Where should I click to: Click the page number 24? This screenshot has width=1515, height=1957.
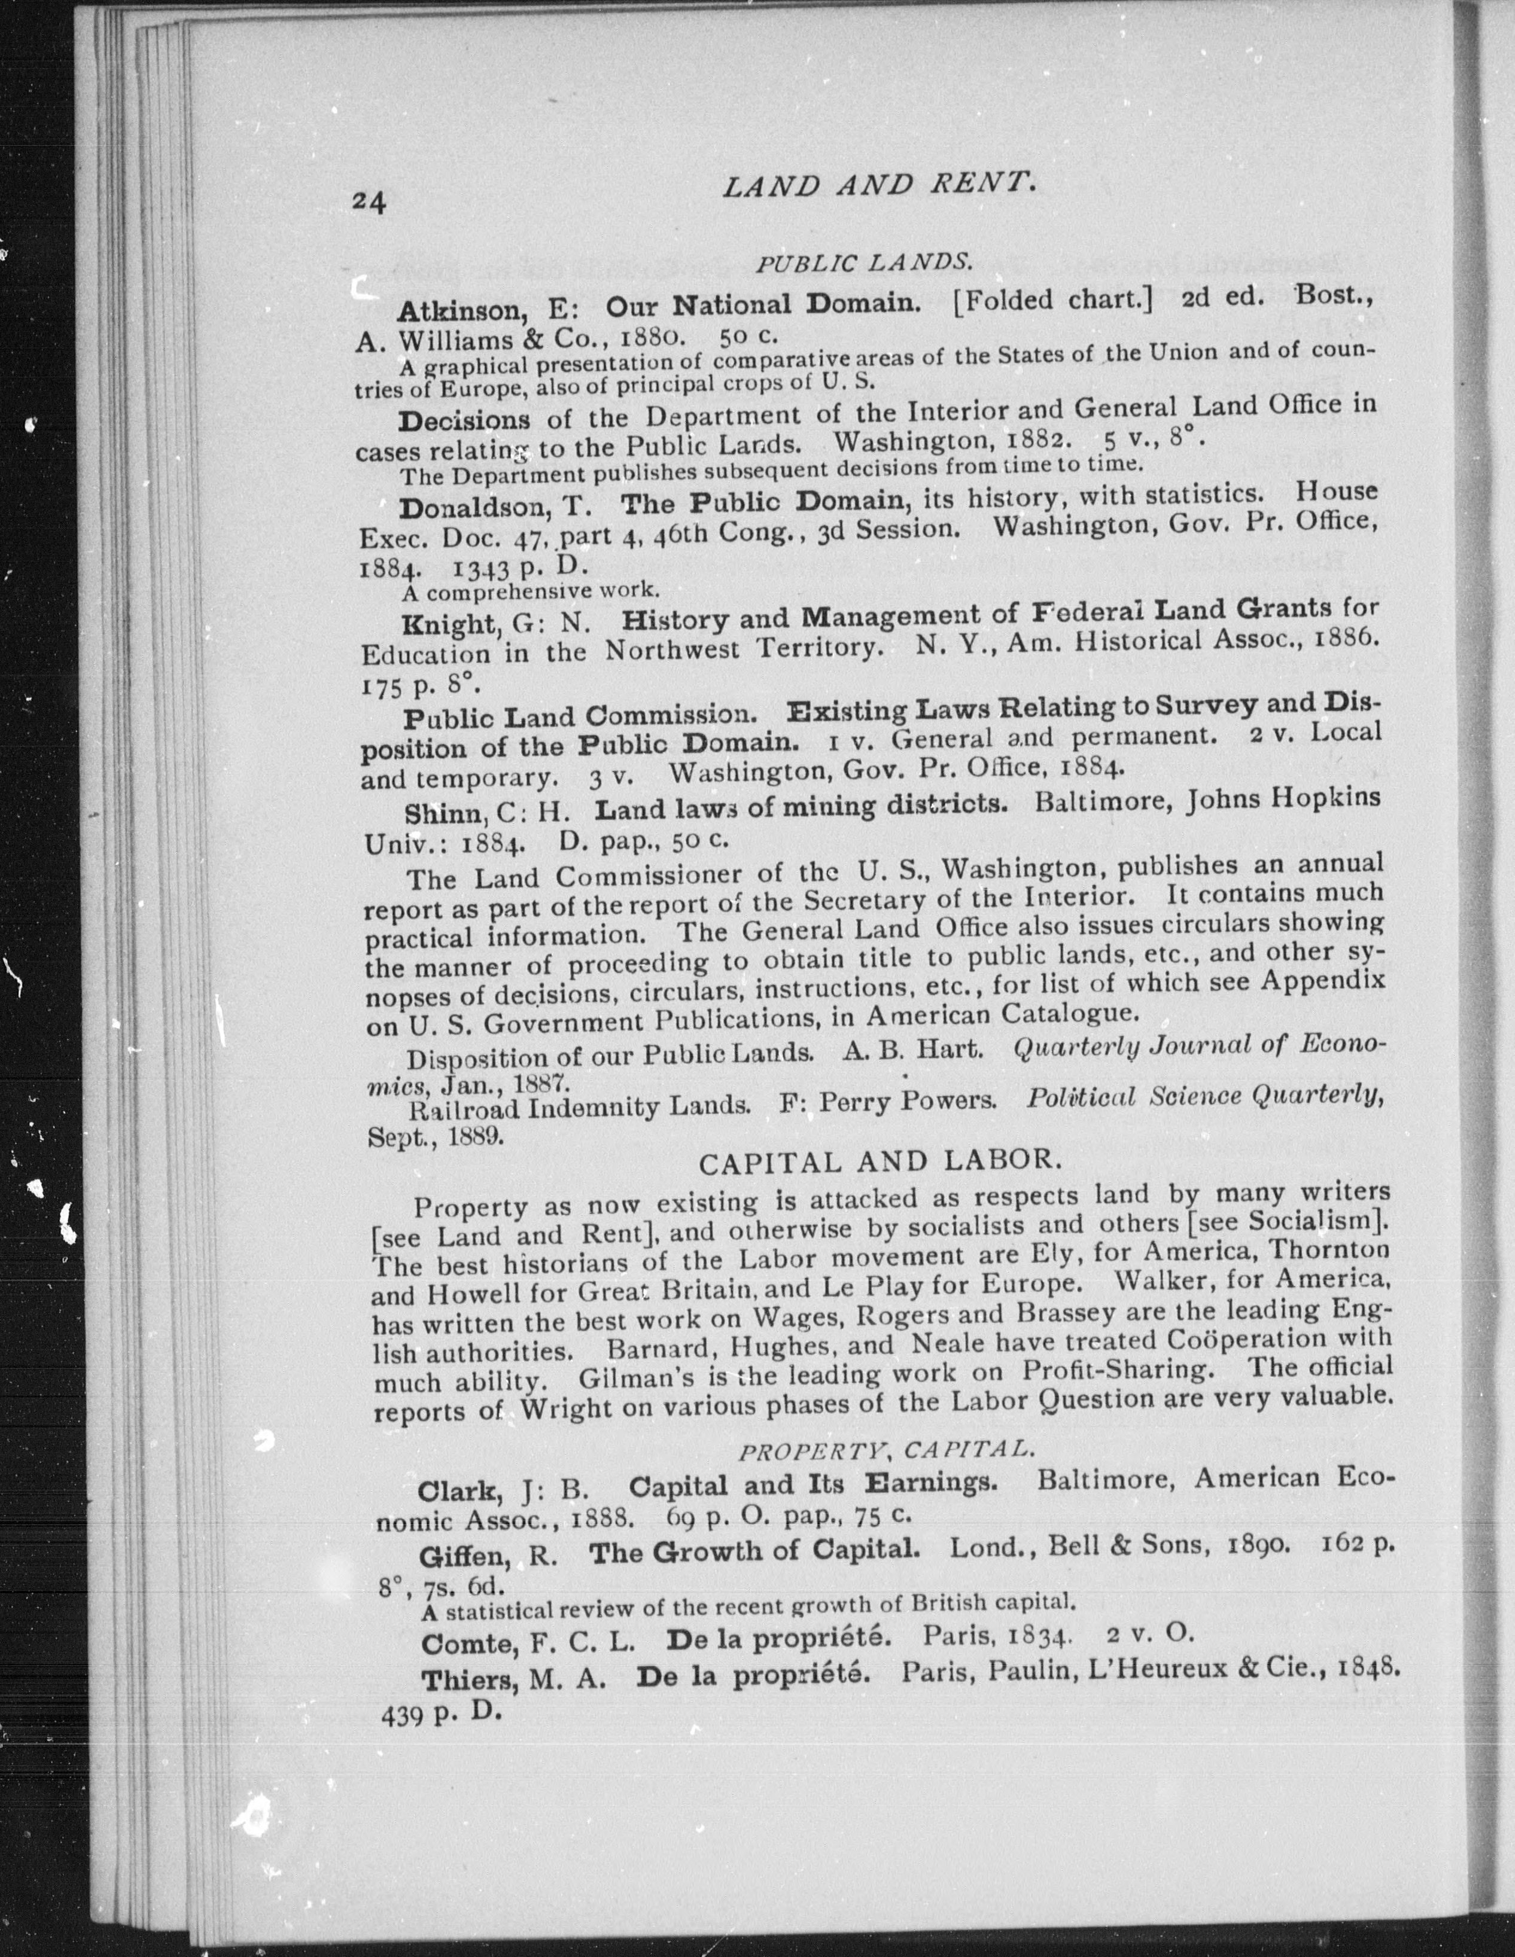pos(369,203)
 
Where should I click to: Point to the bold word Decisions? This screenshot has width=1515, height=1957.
pos(464,419)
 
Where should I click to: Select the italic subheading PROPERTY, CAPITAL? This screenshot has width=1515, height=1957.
pos(884,1451)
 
